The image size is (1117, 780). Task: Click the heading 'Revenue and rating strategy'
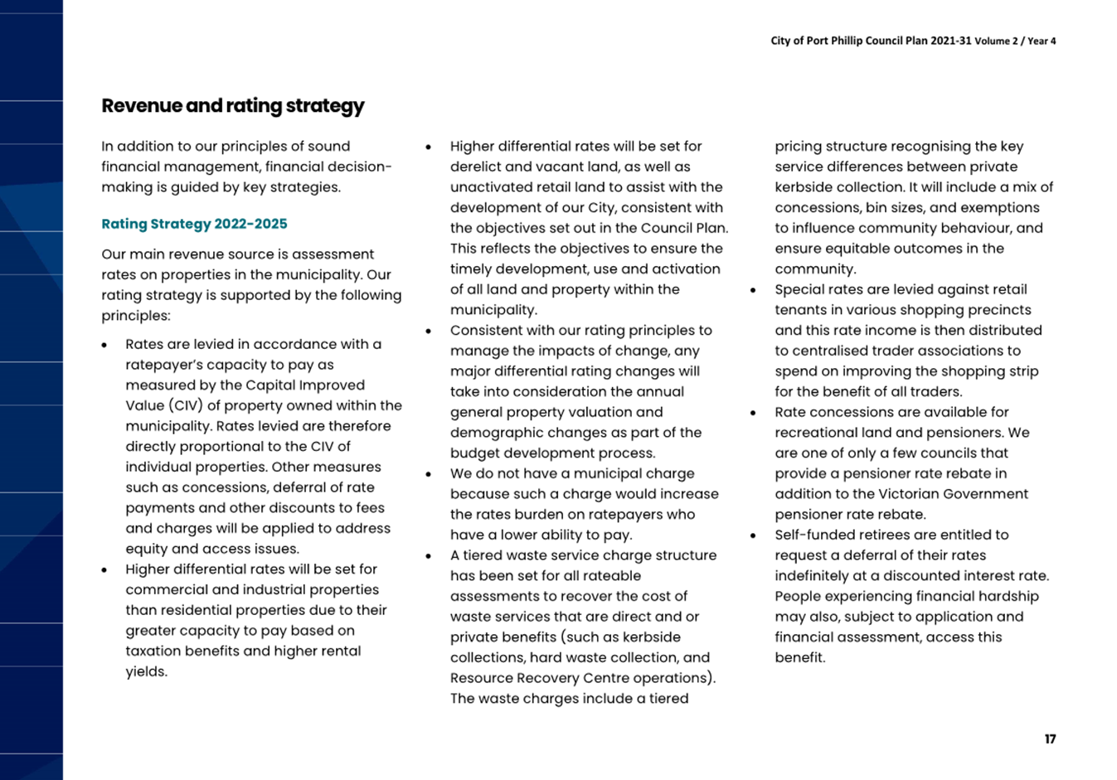coord(233,106)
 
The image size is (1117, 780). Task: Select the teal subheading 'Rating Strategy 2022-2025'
coord(194,224)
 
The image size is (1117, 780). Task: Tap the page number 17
coord(1050,739)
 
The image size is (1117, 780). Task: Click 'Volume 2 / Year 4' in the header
coord(1015,41)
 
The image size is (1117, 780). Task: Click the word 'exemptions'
coord(1002,207)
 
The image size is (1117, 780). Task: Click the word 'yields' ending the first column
coord(144,671)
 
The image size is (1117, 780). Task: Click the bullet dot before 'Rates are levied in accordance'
coord(105,345)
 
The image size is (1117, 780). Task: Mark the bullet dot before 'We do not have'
coord(429,475)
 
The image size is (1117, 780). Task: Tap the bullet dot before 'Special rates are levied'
coord(753,291)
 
